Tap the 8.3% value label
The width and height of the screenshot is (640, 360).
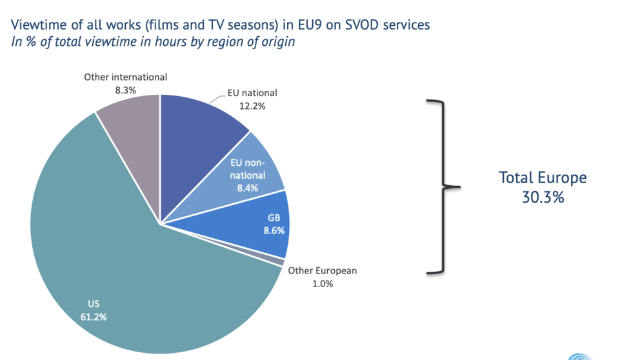pyautogui.click(x=125, y=90)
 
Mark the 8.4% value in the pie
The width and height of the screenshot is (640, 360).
pyautogui.click(x=248, y=188)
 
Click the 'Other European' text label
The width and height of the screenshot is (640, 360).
pyautogui.click(x=322, y=270)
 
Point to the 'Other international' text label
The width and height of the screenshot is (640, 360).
pyautogui.click(x=125, y=77)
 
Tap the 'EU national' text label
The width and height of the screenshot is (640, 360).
pyautogui.click(x=252, y=93)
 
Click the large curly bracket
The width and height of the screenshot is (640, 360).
pyautogui.click(x=444, y=187)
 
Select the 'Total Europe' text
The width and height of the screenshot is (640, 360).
pyautogui.click(x=543, y=177)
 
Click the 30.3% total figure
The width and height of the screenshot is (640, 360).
pyautogui.click(x=543, y=197)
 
